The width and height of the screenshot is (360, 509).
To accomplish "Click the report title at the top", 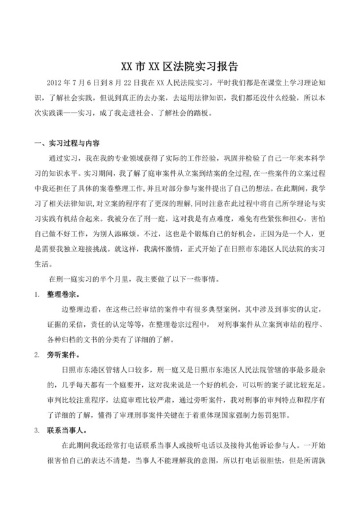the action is [180, 66].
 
